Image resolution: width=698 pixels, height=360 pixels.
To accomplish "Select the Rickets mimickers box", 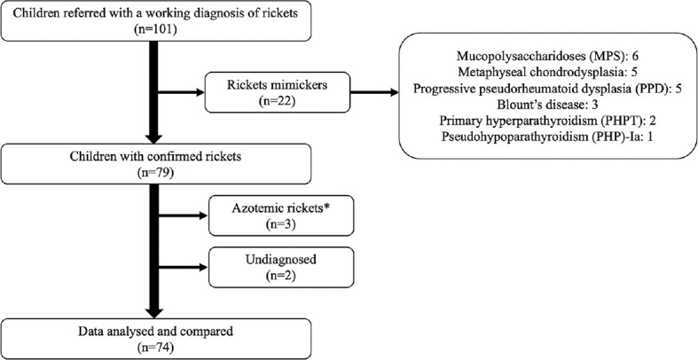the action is (x=277, y=91).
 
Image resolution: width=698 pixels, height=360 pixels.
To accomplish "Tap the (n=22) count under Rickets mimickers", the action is (x=277, y=100).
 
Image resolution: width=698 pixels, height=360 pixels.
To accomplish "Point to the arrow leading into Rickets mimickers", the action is (x=182, y=92).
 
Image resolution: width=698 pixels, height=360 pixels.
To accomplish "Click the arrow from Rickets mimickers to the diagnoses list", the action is (x=374, y=92).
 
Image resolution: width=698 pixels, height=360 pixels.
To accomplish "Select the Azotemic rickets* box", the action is (x=281, y=215).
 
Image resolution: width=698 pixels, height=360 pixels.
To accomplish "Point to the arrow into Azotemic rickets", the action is (x=184, y=215).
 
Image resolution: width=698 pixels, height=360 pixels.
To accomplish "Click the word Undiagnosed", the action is (x=281, y=259).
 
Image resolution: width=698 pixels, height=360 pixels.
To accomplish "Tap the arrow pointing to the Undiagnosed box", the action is (x=184, y=268).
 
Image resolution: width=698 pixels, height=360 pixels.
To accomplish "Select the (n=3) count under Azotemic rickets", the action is (x=281, y=224).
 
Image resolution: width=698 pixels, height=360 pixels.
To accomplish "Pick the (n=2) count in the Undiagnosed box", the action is (x=281, y=276).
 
